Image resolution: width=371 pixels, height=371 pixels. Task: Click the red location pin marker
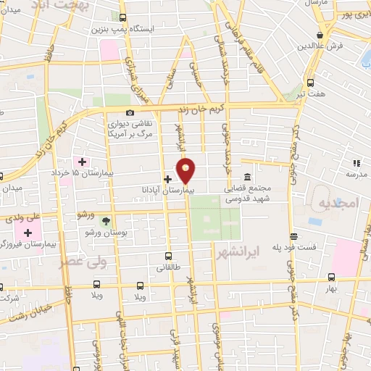coord(186,170)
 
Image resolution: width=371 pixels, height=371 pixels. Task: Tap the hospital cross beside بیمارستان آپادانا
coord(167,179)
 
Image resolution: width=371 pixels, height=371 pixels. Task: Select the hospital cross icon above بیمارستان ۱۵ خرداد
coord(81,161)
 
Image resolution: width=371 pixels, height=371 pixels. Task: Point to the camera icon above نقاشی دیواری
coord(130,112)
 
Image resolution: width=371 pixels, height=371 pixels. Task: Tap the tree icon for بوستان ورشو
coord(107,220)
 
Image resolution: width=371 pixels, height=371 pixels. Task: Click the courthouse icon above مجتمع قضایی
coord(247,178)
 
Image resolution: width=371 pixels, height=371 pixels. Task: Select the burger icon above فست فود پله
coord(293,236)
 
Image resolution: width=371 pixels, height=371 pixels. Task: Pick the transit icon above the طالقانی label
coord(169,256)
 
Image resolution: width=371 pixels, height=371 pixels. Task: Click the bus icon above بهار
coord(331,277)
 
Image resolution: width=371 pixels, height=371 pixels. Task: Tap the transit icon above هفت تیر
coord(311,82)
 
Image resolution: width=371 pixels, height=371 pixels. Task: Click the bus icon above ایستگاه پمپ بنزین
coord(122,17)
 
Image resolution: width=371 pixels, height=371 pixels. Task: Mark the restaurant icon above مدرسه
coord(356,164)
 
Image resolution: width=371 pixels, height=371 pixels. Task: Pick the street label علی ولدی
coord(17,216)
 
